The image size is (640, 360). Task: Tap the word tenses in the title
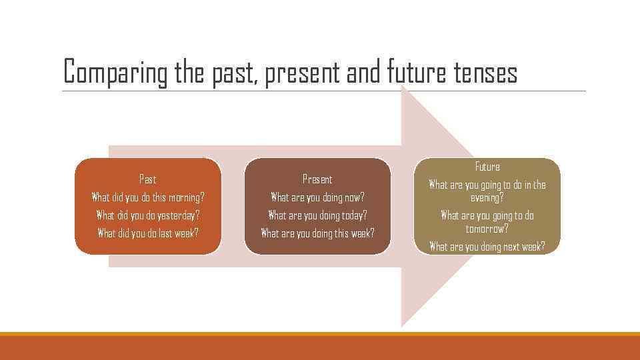(485, 73)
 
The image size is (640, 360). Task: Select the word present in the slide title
(303, 73)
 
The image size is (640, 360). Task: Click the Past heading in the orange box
(147, 179)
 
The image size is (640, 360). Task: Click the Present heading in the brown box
(317, 179)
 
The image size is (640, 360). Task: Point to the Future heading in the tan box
(487, 167)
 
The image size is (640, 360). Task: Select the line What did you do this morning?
(147, 197)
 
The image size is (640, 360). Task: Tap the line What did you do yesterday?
(147, 215)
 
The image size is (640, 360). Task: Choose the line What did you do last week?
(147, 233)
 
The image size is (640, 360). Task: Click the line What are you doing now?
(317, 197)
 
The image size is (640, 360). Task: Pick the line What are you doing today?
(317, 215)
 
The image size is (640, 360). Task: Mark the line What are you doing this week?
(317, 233)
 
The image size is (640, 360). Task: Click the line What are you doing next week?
(487, 247)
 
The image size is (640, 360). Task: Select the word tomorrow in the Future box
(487, 229)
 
